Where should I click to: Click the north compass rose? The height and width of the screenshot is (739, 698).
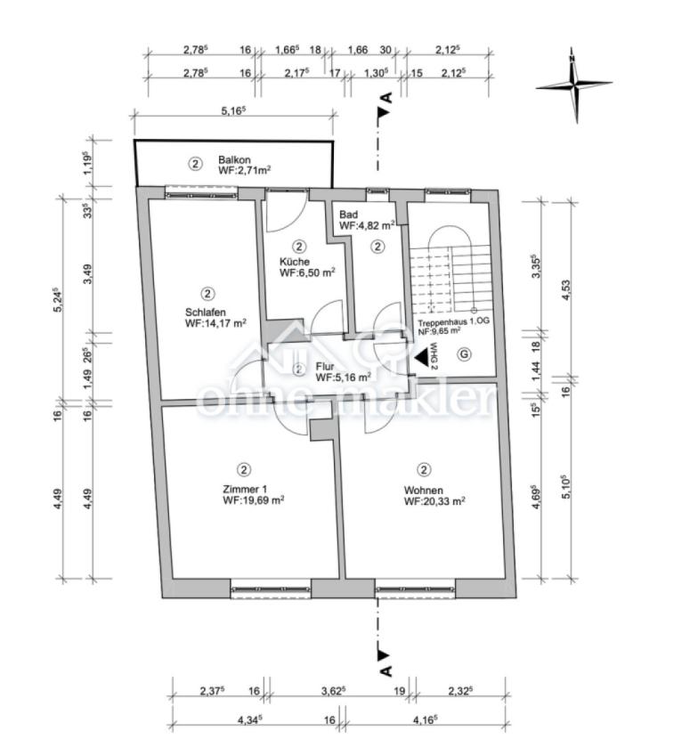pos(574,85)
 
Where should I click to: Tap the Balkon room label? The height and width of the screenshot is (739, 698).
pos(234,159)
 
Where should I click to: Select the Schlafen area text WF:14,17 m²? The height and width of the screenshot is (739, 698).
pos(215,323)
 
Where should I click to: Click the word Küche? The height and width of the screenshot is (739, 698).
pos(295,262)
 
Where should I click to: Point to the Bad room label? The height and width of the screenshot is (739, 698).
pos(348,215)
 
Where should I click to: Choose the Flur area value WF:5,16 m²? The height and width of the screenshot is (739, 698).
pos(343,377)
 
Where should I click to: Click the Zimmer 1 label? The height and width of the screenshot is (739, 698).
pos(245,489)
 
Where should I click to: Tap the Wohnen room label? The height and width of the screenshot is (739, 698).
pos(423,491)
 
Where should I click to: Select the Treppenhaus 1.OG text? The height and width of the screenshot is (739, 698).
pos(454,322)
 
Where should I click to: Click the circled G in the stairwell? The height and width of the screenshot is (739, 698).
pos(465,354)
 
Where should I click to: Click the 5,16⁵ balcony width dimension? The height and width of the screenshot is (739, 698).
pos(234,110)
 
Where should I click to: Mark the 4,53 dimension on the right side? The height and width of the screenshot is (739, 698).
pos(566,289)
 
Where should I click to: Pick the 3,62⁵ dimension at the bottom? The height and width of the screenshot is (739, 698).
pos(334,691)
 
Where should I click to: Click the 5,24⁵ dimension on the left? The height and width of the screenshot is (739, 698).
pos(58,300)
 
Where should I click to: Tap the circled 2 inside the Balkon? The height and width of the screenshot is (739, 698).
pos(195,164)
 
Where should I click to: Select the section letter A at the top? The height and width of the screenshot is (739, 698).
pos(387,98)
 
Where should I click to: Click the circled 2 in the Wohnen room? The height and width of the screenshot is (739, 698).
pos(424,469)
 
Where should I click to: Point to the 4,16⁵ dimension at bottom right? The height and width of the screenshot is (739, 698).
pos(425,719)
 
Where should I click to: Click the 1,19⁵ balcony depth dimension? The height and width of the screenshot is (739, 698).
pos(87,163)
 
